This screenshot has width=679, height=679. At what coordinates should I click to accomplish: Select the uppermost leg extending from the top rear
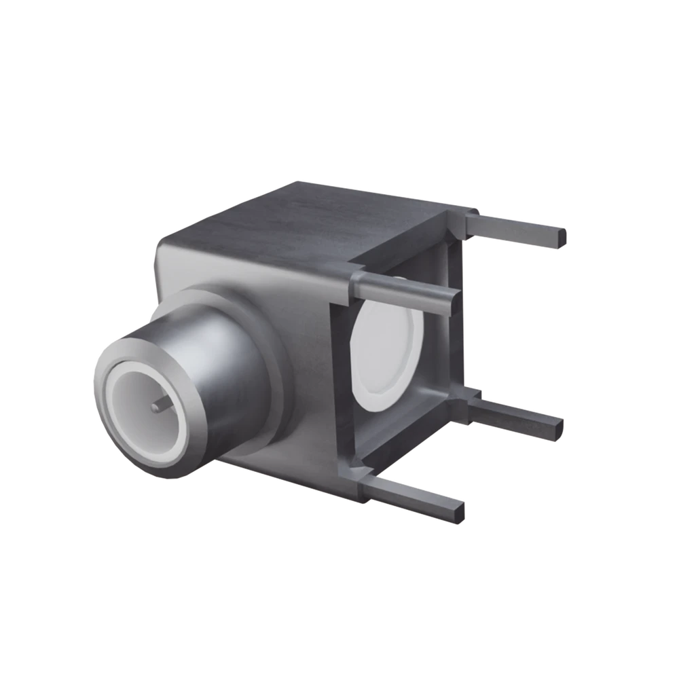516,227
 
